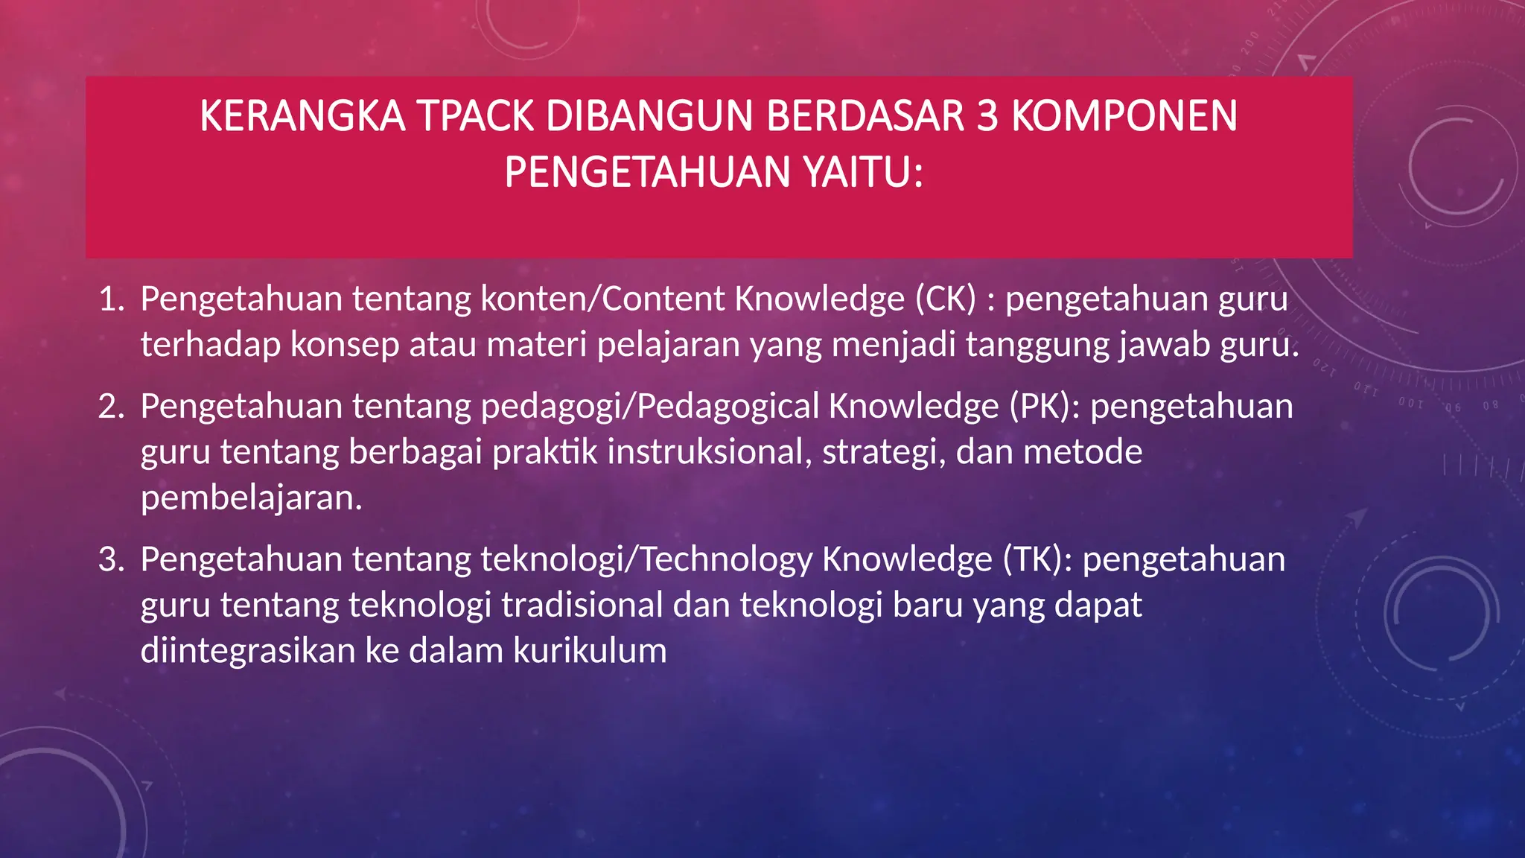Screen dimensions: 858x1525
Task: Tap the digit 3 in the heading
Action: click(x=987, y=116)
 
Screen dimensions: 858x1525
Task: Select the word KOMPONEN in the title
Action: click(x=1124, y=116)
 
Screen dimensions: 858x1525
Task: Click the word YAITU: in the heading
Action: click(x=863, y=173)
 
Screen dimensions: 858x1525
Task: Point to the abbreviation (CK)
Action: click(x=945, y=299)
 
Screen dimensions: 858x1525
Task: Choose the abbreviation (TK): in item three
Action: click(x=1037, y=559)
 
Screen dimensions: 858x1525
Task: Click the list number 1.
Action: click(x=112, y=299)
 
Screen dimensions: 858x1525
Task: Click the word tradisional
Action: click(x=582, y=605)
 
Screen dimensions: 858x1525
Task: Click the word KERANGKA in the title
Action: click(x=302, y=116)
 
